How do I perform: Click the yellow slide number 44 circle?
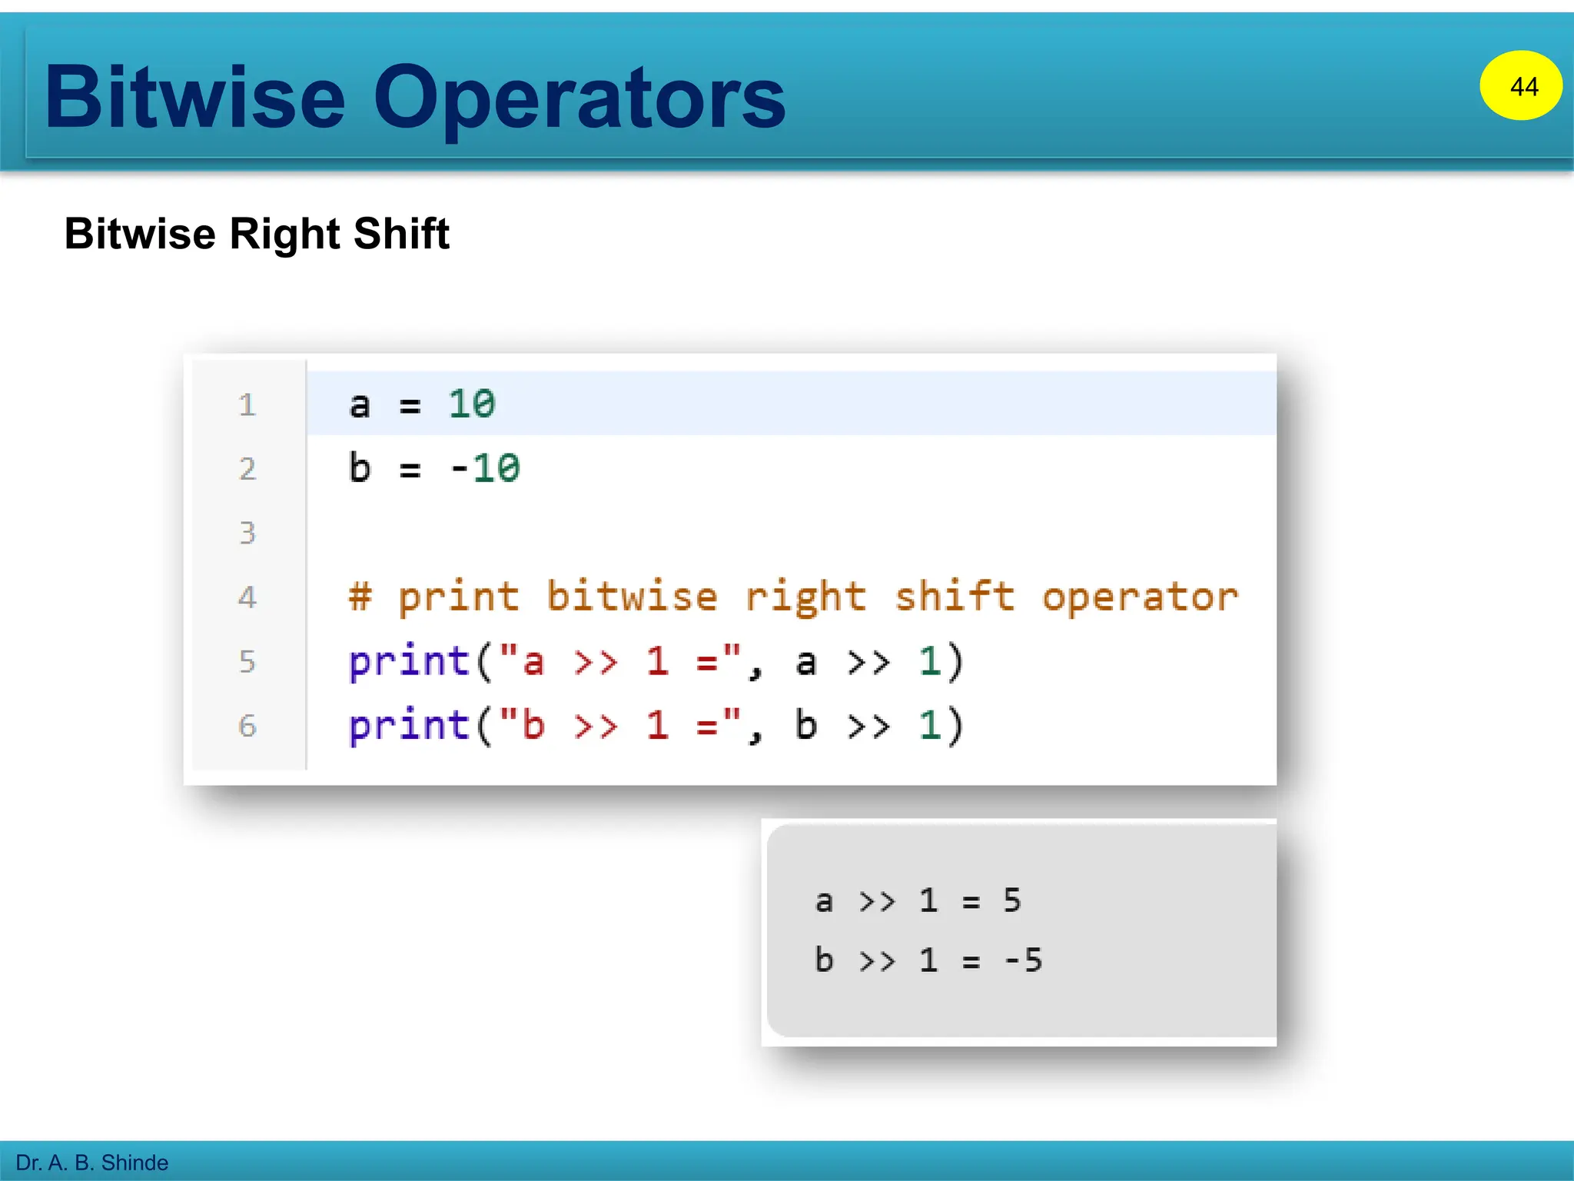coord(1520,85)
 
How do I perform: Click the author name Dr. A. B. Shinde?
coord(91,1162)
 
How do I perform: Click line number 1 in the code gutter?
coord(247,405)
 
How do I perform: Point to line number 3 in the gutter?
coord(247,533)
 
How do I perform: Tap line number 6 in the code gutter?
coord(247,726)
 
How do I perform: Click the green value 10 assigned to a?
coord(472,404)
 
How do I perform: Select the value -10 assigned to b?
coord(485,468)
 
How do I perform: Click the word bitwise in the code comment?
coord(632,597)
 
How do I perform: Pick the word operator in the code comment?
coord(1140,597)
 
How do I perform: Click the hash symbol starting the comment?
coord(360,597)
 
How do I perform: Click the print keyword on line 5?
coord(409,661)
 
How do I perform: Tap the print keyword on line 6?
coord(409,726)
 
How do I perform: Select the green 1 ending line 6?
coord(930,726)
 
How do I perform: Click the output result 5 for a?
coord(1012,900)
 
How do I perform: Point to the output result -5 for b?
coord(1024,960)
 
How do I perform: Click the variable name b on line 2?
coord(360,468)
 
